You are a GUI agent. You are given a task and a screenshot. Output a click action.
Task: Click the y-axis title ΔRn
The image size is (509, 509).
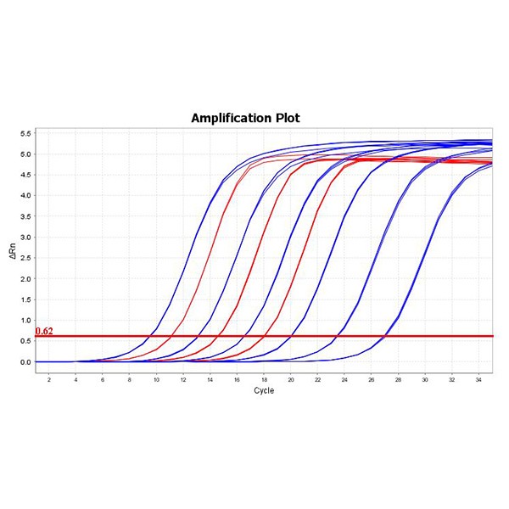coord(12,250)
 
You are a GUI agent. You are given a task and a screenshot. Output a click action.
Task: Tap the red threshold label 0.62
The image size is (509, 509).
coord(45,331)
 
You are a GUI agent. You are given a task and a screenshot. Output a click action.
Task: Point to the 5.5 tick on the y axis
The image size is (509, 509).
coord(25,134)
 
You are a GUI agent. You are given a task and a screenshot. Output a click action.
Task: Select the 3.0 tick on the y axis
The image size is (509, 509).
coord(25,238)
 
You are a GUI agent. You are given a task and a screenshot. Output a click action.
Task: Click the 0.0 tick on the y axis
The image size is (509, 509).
coord(25,362)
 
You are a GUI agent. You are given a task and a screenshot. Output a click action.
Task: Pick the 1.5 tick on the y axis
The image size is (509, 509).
coord(25,299)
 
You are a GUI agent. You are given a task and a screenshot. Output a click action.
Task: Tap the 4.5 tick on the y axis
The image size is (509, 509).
coord(25,176)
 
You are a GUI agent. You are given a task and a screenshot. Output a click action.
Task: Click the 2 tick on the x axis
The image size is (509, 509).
coord(48,378)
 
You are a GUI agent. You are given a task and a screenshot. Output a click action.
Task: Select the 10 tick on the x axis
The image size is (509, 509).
coord(156,378)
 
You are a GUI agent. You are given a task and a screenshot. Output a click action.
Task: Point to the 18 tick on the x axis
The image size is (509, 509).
coord(264,378)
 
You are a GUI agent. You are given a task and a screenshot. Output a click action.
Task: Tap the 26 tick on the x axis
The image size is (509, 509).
coord(372,378)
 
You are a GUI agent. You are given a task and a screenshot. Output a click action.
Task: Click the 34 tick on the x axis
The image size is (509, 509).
coord(478,378)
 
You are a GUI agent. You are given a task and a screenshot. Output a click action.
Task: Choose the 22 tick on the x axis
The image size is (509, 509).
coord(317,378)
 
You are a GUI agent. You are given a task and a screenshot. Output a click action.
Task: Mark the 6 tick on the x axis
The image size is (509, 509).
coord(103,378)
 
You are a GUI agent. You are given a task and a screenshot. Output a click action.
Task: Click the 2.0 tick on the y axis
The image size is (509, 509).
coord(25,279)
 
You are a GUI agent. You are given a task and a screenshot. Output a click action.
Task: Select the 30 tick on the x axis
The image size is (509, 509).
coord(425,378)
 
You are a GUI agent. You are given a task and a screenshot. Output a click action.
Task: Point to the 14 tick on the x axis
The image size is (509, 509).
coord(210,378)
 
